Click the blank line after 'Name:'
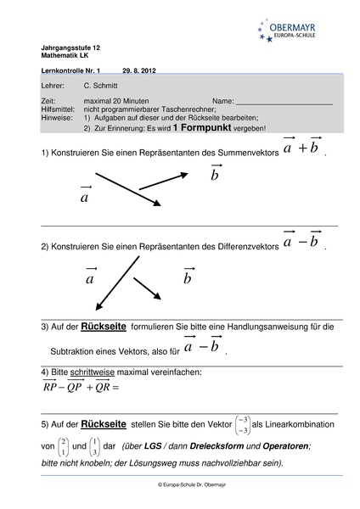(284, 101)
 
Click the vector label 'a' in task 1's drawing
(85, 197)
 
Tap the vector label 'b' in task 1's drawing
(215, 175)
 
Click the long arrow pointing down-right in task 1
(127, 188)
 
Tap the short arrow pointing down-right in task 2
(147, 288)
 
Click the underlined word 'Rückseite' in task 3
(104, 327)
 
